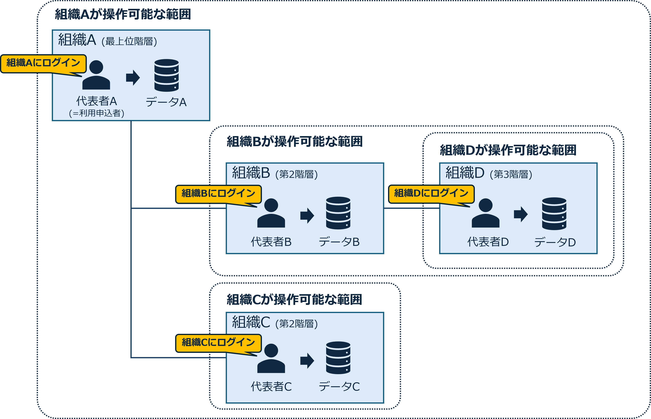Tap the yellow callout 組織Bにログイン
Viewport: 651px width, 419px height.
tap(218, 193)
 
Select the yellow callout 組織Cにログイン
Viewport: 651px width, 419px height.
tap(218, 342)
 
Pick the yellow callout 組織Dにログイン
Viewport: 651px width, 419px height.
tap(431, 193)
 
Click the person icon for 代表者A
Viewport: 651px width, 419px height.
tap(96, 75)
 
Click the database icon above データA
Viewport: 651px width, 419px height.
tap(166, 75)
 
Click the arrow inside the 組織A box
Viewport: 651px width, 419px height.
tap(133, 78)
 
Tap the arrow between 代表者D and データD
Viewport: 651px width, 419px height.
tap(521, 214)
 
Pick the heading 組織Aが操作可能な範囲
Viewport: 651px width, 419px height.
tap(123, 14)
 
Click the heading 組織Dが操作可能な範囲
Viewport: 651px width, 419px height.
tap(508, 150)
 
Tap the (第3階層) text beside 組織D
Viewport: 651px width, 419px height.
tap(511, 174)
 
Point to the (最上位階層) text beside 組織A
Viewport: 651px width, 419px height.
tap(129, 41)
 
